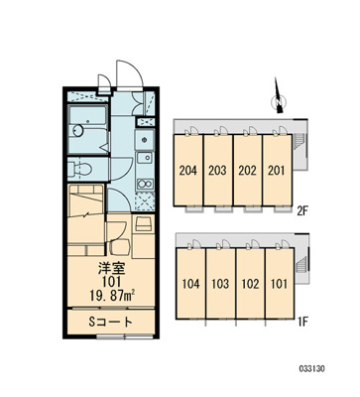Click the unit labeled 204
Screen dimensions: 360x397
(188, 171)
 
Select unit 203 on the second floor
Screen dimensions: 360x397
(217, 171)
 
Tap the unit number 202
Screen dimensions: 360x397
(247, 171)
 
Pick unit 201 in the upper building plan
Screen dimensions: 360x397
(277, 171)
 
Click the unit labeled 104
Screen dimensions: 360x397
(190, 284)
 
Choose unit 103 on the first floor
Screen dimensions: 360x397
(220, 284)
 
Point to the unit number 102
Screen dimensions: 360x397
(250, 284)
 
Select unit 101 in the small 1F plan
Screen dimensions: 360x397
(280, 284)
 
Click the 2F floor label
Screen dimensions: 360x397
(302, 210)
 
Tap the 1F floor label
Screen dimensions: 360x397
(302, 322)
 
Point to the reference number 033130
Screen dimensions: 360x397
(312, 368)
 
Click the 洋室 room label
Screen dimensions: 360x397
(111, 269)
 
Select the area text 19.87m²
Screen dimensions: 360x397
(113, 295)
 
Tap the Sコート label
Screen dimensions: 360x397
(111, 322)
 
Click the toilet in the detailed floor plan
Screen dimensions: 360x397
(80, 169)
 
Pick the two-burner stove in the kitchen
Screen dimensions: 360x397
(145, 183)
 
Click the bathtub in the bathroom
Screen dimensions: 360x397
(87, 129)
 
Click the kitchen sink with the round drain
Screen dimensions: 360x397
(145, 139)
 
